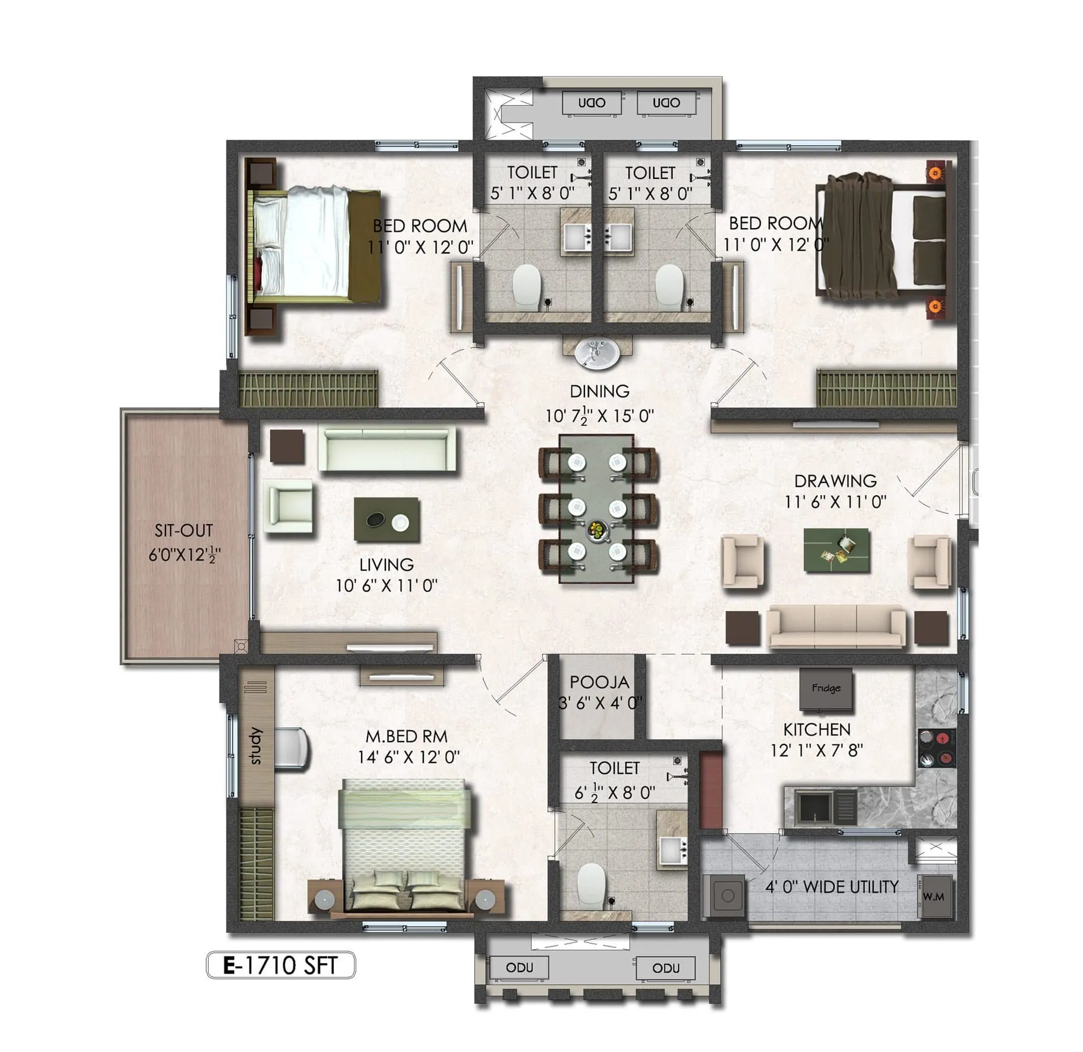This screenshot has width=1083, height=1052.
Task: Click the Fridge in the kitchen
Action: coord(826,688)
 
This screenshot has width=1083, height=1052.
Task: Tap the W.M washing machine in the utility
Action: coord(933,897)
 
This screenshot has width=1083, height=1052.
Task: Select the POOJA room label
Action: coord(599,682)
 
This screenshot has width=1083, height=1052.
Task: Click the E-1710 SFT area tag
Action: coord(280,966)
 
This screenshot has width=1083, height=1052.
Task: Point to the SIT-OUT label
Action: coord(184,530)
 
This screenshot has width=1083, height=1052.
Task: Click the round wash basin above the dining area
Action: coord(597,353)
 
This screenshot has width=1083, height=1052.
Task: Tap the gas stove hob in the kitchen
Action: coord(937,748)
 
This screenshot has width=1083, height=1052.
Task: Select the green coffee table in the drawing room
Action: coord(836,550)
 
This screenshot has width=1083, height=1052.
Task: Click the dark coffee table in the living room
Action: coord(386,519)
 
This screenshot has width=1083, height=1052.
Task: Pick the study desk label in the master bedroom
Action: coord(255,746)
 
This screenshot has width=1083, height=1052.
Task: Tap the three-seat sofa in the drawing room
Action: coord(836,626)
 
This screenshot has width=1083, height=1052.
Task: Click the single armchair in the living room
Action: coord(289,505)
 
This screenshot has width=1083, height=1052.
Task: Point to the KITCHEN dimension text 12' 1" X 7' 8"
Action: coord(816,750)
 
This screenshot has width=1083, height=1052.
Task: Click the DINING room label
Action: coord(599,391)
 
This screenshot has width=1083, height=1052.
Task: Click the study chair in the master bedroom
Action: coord(292,749)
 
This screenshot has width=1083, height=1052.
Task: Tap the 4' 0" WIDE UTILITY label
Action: coord(831,887)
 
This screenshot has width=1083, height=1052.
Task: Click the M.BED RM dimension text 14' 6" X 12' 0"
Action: coord(408,757)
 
